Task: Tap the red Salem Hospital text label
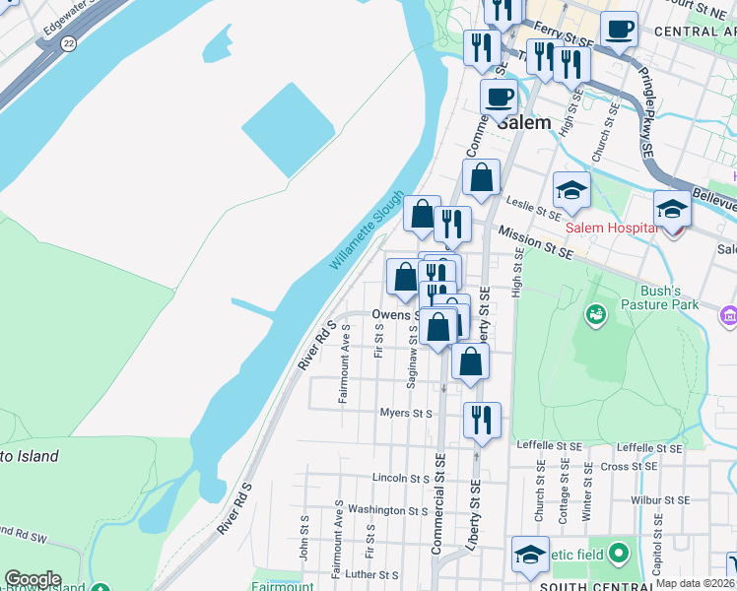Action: point(611,228)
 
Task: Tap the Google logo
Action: point(33,578)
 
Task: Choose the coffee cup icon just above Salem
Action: point(499,98)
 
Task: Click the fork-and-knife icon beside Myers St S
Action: point(481,419)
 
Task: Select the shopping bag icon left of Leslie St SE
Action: point(481,178)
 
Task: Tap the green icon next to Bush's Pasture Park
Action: point(595,314)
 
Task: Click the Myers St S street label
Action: point(406,414)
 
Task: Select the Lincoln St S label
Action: point(400,478)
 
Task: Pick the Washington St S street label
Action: point(388,510)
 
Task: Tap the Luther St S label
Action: point(370,575)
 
